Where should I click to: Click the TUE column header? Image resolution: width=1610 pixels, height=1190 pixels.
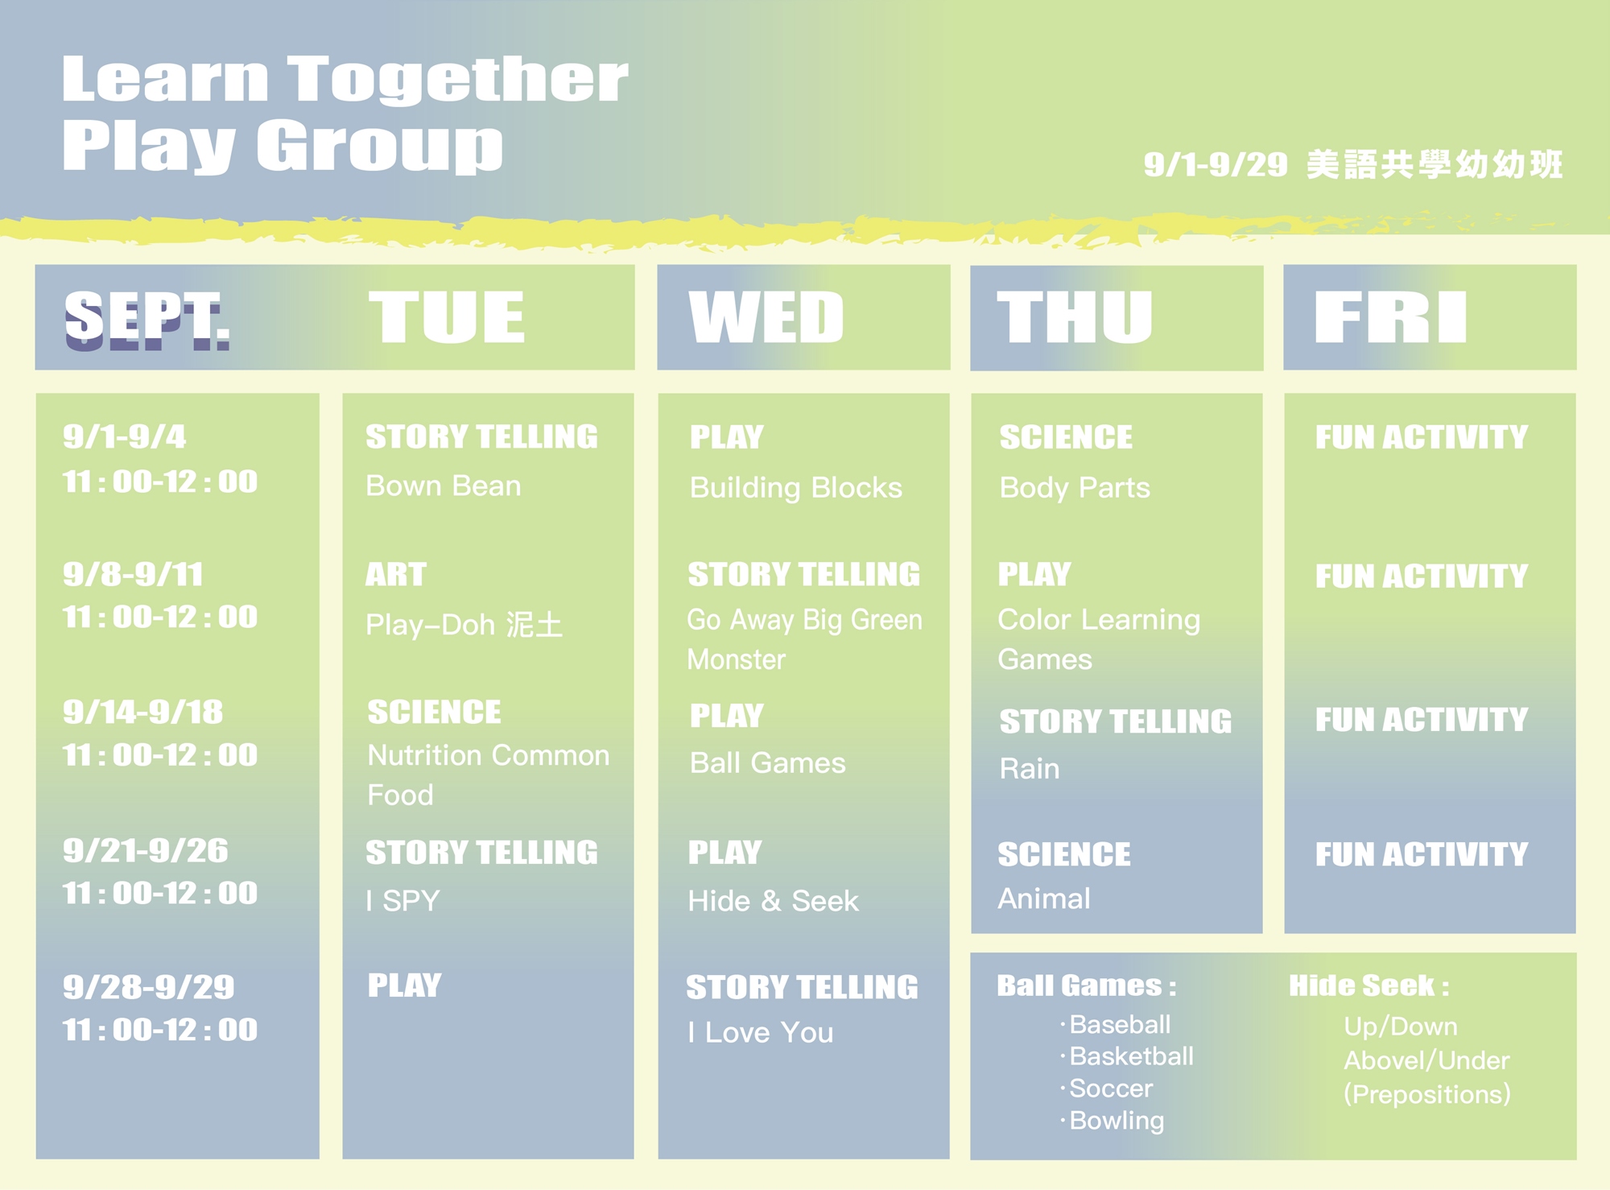point(447,317)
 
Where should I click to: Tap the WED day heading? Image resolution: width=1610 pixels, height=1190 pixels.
point(766,317)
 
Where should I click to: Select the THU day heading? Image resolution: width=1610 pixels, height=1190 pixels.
point(1075,317)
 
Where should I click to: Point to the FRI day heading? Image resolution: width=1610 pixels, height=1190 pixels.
point(1390,317)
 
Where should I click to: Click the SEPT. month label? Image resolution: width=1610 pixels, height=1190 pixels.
point(147,320)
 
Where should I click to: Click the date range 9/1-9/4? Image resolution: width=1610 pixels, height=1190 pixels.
point(125,436)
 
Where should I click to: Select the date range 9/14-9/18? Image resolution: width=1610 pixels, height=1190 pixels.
point(143,712)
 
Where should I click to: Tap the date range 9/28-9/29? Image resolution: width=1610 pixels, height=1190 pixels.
point(149,987)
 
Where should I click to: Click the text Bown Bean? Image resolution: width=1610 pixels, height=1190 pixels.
point(444,486)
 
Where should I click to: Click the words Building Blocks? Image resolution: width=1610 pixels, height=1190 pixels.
point(796,488)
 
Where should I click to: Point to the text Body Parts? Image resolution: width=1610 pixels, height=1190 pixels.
point(1075,488)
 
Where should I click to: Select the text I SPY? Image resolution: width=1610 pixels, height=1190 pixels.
point(403,900)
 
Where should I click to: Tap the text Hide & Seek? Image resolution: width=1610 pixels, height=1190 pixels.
point(774,901)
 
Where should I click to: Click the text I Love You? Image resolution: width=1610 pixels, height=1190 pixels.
point(761,1032)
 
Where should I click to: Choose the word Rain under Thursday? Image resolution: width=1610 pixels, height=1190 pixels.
point(1030,768)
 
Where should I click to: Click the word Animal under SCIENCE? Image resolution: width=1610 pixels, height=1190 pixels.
point(1044,898)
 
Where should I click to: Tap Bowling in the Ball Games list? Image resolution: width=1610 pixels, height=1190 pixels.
point(1117,1121)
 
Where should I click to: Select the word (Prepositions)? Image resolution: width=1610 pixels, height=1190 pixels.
point(1427,1094)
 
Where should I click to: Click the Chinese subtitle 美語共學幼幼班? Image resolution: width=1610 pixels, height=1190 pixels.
point(1435,164)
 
